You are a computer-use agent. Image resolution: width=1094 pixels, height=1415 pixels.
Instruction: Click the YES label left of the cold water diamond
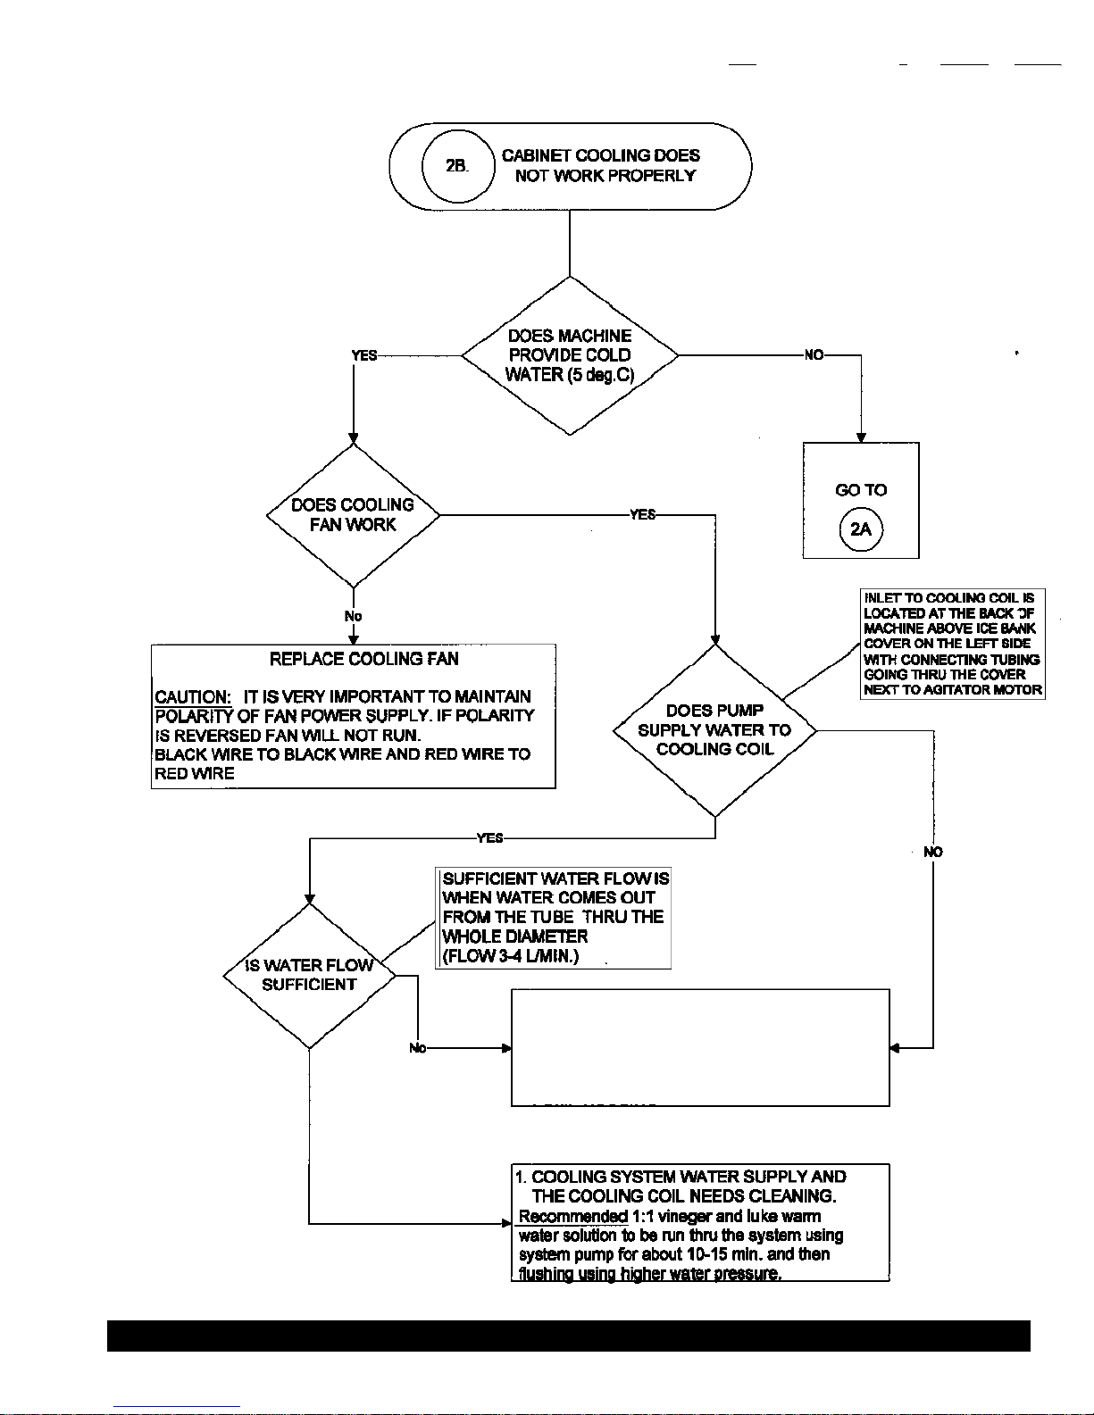364,355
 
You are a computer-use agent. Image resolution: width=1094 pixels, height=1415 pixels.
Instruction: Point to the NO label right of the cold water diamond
814,355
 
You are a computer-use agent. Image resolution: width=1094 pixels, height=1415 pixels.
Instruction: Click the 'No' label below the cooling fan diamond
353,616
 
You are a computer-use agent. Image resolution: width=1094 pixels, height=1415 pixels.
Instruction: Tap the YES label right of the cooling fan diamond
643,514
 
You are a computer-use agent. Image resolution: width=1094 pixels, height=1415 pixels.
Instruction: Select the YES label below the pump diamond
489,837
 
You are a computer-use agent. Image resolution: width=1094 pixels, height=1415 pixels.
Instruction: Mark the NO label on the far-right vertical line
933,852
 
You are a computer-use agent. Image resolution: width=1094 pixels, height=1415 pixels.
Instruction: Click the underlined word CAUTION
193,696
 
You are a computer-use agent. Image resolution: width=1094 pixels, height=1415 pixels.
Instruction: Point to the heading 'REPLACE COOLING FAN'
364,659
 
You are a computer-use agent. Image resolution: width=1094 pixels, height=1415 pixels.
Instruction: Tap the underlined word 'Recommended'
573,1216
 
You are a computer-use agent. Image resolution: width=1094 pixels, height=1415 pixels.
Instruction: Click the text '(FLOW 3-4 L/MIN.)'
511,956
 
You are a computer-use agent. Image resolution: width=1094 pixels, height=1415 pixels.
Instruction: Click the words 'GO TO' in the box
861,490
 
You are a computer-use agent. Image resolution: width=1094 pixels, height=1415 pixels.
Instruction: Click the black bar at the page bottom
569,1336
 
